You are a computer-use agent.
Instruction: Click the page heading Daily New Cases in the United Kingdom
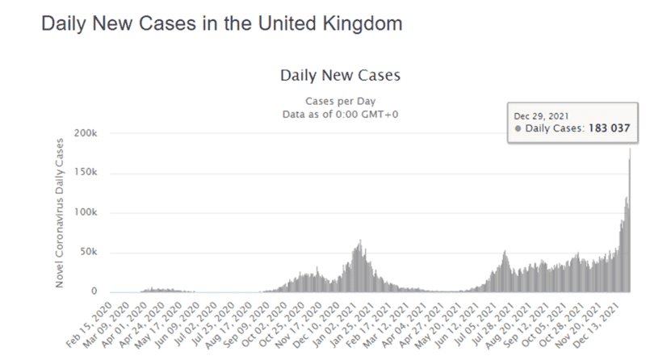click(220, 23)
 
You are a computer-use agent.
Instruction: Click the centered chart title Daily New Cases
click(340, 77)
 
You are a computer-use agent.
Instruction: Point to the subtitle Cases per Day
click(340, 101)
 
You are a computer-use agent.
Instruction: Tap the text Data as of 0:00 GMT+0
click(340, 114)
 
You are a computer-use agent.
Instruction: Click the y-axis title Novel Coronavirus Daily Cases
click(60, 212)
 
